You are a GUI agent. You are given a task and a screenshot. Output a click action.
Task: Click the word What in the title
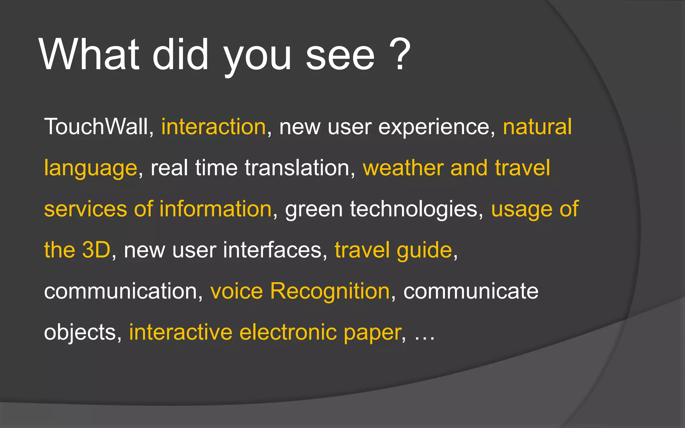[89, 55]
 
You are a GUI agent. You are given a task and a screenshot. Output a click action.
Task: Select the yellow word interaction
[214, 127]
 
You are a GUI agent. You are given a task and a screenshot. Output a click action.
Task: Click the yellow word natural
[537, 127]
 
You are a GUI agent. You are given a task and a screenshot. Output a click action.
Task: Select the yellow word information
[215, 209]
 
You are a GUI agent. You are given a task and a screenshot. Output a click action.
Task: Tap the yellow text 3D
[96, 250]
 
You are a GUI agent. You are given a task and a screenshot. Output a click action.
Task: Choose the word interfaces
[273, 250]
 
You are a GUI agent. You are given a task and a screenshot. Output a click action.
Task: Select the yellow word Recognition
[330, 291]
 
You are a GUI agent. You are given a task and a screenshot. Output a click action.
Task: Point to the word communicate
[471, 291]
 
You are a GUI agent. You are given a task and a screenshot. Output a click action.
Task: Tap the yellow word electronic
[288, 332]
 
